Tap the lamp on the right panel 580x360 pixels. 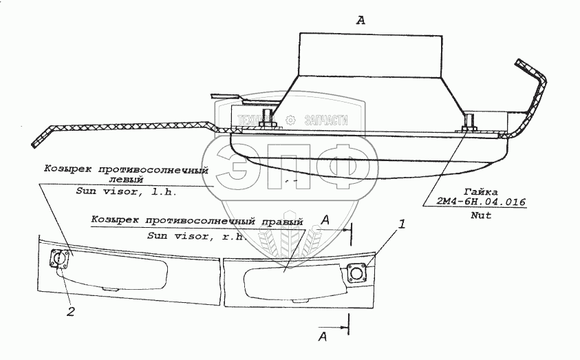[357, 273]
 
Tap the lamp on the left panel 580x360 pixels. [59, 260]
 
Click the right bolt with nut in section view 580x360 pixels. [469, 125]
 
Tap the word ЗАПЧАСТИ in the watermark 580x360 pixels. [325, 120]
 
